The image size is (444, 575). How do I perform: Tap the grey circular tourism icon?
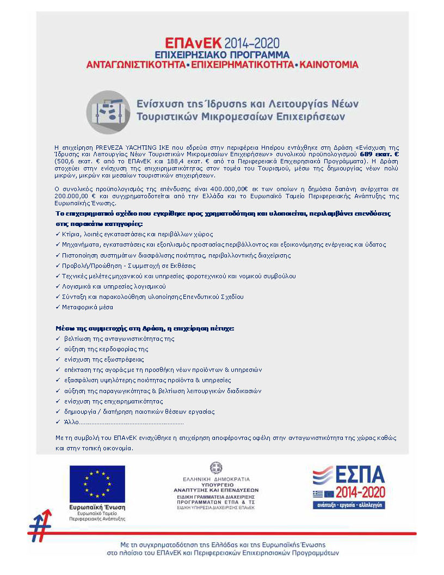point(108,112)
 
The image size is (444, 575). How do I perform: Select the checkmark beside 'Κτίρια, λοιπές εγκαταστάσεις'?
point(58,234)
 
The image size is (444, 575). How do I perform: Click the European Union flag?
point(97,483)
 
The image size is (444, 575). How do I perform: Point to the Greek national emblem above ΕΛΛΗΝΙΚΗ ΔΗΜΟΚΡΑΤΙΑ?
point(217,467)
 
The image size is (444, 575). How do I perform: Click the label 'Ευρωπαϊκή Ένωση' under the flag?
point(97,506)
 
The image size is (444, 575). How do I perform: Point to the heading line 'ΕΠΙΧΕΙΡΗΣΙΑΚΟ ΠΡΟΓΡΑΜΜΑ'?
point(222,54)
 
